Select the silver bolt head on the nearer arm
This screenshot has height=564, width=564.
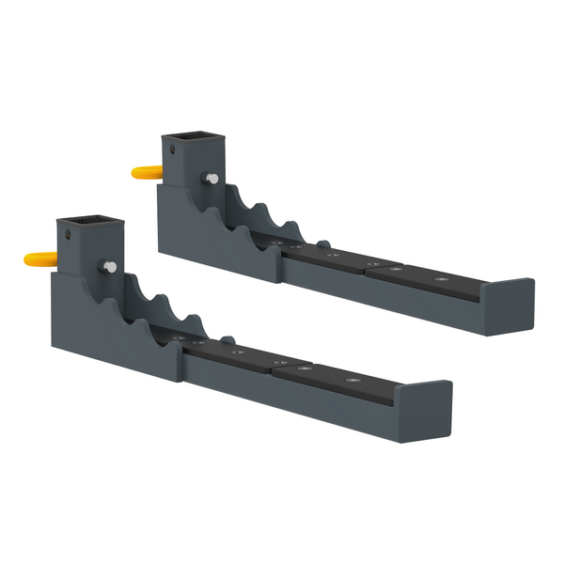tap(111, 267)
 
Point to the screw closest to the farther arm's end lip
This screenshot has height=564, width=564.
tap(439, 279)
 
